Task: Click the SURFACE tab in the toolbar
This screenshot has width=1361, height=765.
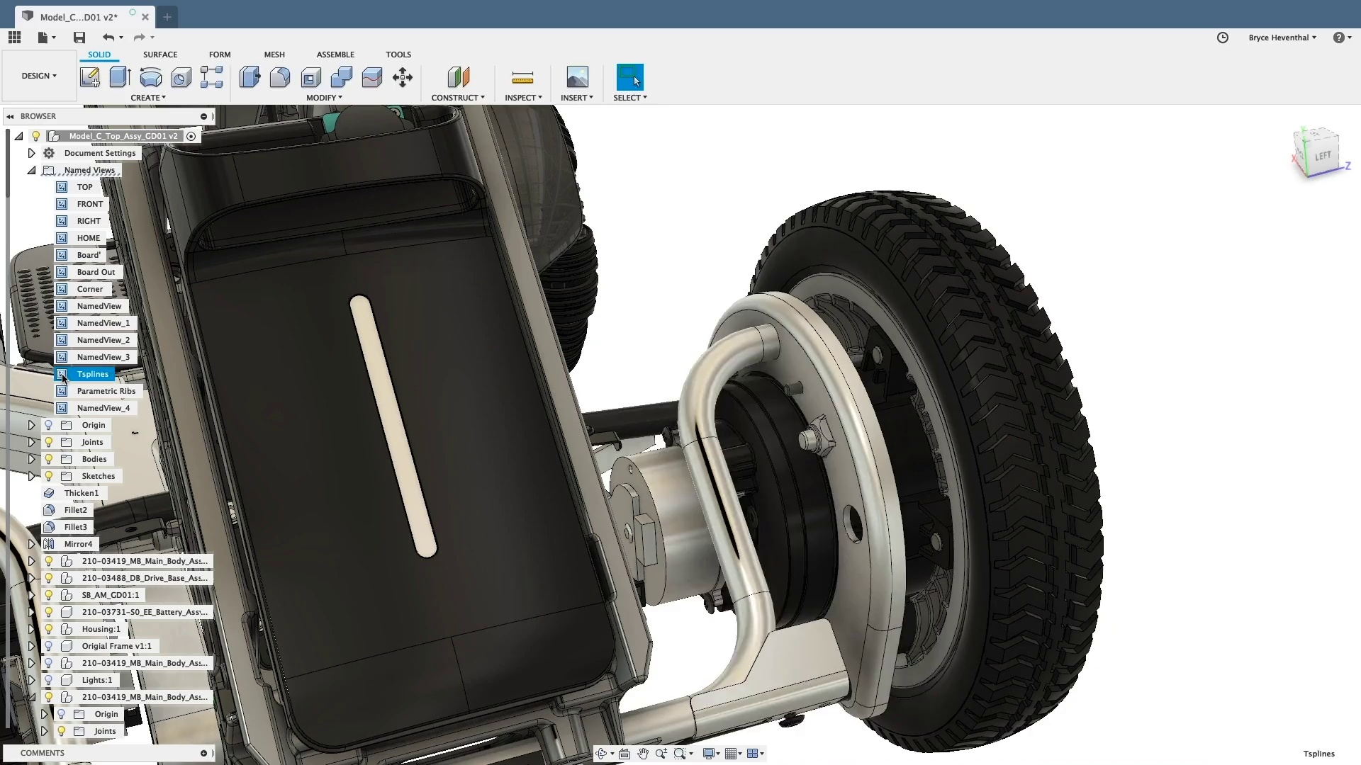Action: (160, 55)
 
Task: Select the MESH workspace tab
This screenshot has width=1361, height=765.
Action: (274, 55)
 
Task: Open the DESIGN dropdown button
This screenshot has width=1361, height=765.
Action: (39, 76)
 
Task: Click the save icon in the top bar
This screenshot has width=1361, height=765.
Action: (79, 38)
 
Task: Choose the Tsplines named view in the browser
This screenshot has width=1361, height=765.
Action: (93, 374)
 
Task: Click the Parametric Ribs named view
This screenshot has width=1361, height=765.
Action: (106, 391)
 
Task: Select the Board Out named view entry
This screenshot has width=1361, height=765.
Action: (96, 272)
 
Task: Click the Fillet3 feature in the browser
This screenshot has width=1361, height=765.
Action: (75, 527)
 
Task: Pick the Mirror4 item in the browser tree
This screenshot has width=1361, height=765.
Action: (78, 544)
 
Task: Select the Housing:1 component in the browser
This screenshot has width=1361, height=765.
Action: (101, 629)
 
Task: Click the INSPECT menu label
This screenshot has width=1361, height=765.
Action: (522, 98)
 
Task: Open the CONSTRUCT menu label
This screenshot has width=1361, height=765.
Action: (457, 98)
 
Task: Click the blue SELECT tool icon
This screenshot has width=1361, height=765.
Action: (629, 76)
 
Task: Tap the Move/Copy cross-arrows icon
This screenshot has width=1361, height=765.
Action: (403, 77)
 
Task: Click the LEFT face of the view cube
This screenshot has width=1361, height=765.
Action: (1322, 156)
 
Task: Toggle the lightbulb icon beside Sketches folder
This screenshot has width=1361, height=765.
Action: (49, 476)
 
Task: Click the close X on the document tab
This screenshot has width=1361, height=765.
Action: (145, 17)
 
